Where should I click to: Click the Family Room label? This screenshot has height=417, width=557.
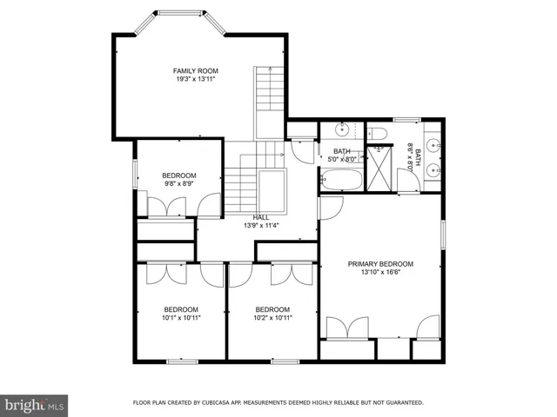195,70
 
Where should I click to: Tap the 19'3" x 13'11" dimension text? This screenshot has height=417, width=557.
195,79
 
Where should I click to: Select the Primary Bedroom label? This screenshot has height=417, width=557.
380,264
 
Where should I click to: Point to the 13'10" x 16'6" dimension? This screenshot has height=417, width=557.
380,273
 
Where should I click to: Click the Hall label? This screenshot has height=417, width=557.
261,217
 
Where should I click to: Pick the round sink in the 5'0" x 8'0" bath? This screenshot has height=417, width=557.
343,131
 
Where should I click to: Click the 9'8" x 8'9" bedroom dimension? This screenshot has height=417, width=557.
178,183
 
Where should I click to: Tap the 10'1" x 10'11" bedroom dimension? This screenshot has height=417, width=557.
182,318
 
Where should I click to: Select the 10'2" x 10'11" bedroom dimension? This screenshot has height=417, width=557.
272,318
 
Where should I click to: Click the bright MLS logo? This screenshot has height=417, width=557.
35,404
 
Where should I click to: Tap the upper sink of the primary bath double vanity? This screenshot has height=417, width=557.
433,142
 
